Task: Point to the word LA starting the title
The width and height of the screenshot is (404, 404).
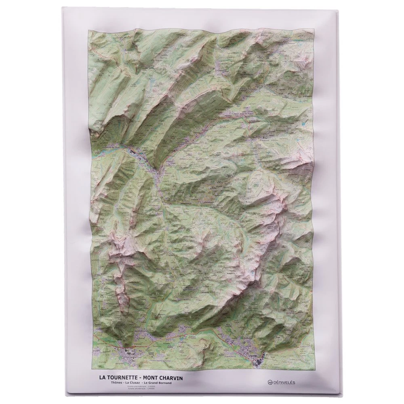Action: tap(103, 378)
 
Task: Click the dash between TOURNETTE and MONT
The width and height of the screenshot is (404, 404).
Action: tap(139, 378)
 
